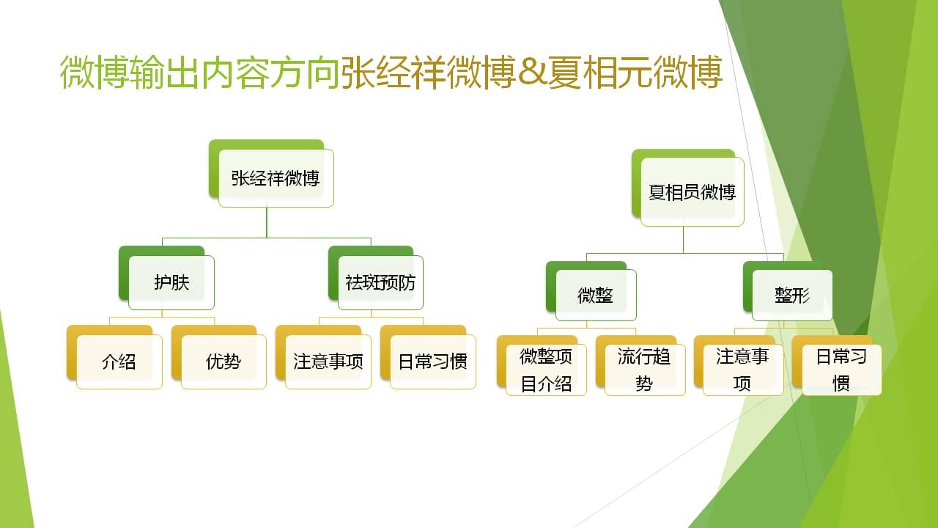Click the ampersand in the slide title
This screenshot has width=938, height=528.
(x=532, y=72)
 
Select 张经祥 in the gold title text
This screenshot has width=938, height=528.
(x=393, y=72)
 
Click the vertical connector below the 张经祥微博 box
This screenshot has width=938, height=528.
(x=267, y=222)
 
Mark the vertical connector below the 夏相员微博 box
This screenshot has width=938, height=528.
(x=684, y=240)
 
